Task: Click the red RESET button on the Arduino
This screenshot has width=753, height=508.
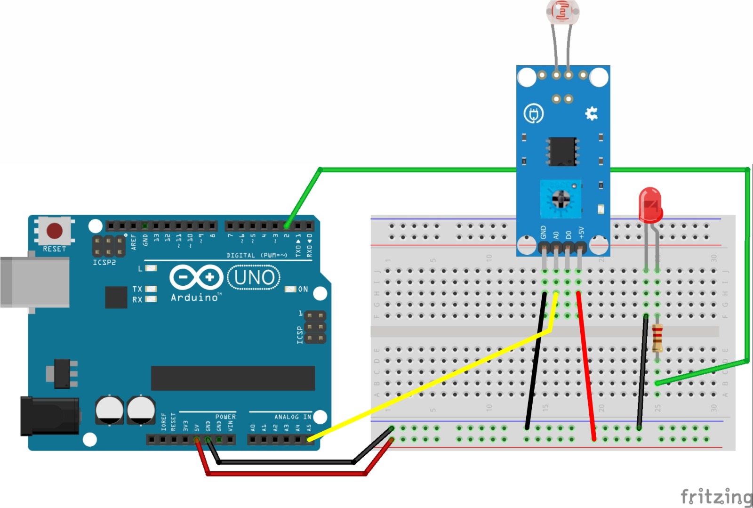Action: [54, 231]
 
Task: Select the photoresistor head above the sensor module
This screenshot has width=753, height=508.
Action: [562, 11]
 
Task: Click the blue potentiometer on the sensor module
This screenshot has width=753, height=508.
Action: [561, 199]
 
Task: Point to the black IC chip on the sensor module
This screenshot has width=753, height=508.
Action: [562, 151]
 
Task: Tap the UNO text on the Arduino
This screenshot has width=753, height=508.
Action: [254, 277]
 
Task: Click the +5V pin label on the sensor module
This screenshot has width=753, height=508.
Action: [582, 233]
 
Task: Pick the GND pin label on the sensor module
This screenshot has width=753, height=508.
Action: [544, 232]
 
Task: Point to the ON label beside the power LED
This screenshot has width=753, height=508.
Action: [303, 289]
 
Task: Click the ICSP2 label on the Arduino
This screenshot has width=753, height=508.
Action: [104, 262]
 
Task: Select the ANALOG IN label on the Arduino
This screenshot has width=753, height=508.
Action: [293, 417]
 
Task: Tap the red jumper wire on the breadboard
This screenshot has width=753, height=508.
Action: [586, 367]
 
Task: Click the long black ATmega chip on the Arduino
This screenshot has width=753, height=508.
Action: [232, 378]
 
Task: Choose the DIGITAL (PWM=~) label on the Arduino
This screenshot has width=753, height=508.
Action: [257, 255]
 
